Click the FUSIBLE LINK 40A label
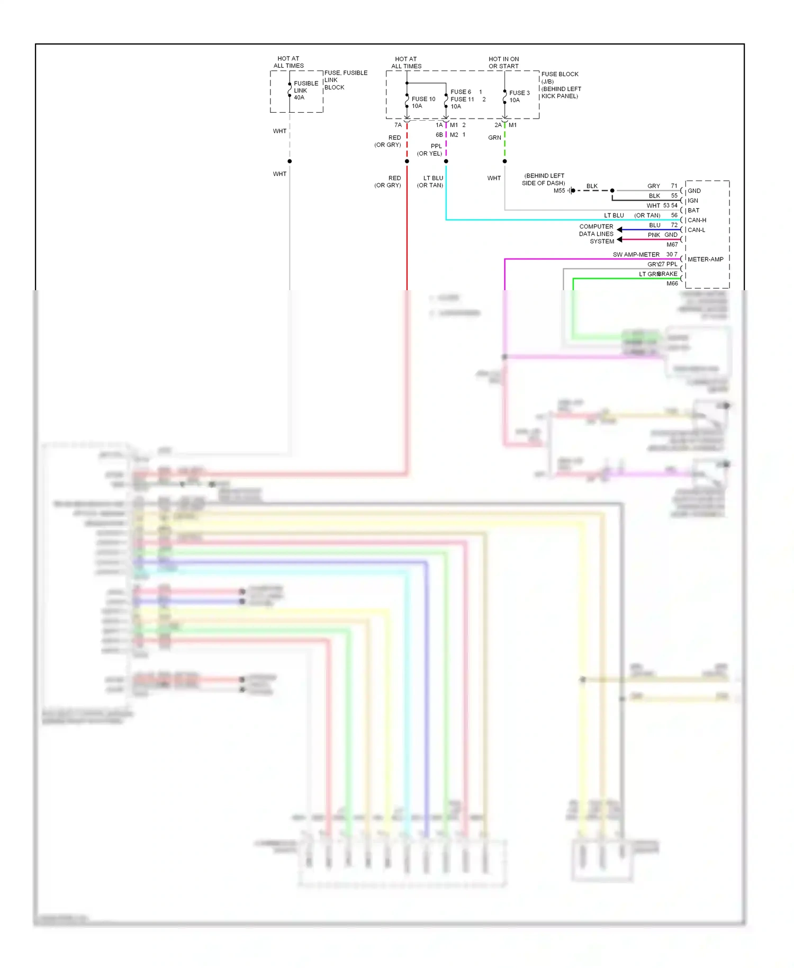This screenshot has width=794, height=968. pos(305,91)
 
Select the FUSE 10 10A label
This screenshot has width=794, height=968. pos(423,102)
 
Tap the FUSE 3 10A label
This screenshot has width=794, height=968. pos(519,96)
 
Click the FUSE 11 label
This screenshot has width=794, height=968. pos(462,99)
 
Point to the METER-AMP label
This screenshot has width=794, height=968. pos(705,259)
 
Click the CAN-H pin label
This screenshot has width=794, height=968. pos(697,220)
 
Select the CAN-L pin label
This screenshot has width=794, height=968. pos(696,230)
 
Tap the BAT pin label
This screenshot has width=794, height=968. pos(693,210)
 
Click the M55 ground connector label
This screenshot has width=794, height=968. pos(559,191)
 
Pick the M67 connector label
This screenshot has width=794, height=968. pos(672,245)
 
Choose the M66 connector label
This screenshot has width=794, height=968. pos(672,283)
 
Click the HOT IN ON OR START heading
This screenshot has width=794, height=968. pos(503,62)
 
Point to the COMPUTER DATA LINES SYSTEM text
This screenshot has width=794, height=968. pos(597,234)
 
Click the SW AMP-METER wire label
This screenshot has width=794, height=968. pos(636,255)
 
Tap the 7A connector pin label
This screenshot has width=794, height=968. pos(398,125)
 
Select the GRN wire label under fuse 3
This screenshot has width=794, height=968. pos(494,138)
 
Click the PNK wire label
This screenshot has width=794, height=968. pos(654,235)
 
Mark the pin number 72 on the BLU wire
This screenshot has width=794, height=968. pos(674,225)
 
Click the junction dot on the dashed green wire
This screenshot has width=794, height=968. pos(504,161)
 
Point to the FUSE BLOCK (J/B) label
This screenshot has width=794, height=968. pos(560,78)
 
